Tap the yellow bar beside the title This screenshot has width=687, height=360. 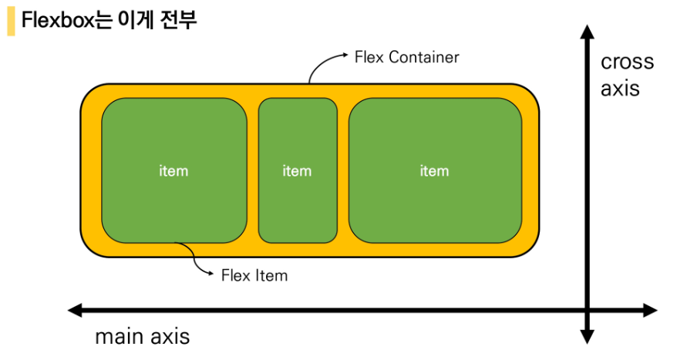click(11, 21)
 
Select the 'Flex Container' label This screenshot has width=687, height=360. click(406, 57)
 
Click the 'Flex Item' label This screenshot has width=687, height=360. click(254, 275)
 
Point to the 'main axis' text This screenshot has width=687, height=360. click(142, 337)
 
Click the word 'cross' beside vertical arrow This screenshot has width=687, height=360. click(627, 62)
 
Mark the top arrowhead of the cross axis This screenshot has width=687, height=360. click(587, 32)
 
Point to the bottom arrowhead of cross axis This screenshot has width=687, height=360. click(587, 336)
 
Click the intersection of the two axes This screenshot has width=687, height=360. click(587, 311)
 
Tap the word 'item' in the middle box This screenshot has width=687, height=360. click(297, 171)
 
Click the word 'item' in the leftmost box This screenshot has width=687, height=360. click(173, 171)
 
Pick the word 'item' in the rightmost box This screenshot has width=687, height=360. click(434, 171)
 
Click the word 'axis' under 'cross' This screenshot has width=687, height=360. click(620, 88)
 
